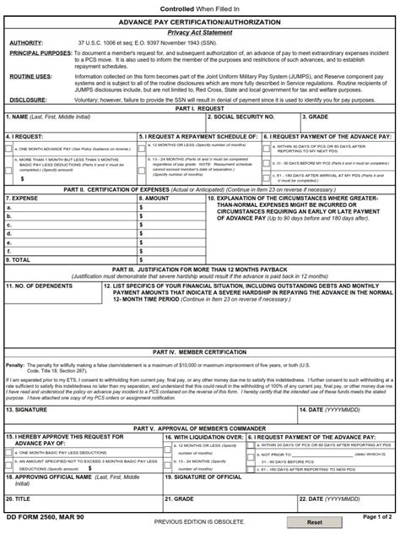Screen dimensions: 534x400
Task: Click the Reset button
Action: (x=315, y=522)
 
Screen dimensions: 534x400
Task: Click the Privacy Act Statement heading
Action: (x=199, y=31)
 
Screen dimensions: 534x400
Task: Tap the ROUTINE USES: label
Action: (x=30, y=75)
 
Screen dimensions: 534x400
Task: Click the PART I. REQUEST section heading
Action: (x=199, y=109)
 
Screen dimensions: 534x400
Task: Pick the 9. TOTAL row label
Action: (x=21, y=260)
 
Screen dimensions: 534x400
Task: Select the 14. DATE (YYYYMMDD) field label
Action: (x=315, y=385)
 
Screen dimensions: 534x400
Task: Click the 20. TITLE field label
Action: (x=21, y=499)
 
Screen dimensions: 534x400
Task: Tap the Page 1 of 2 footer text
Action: (x=377, y=515)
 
